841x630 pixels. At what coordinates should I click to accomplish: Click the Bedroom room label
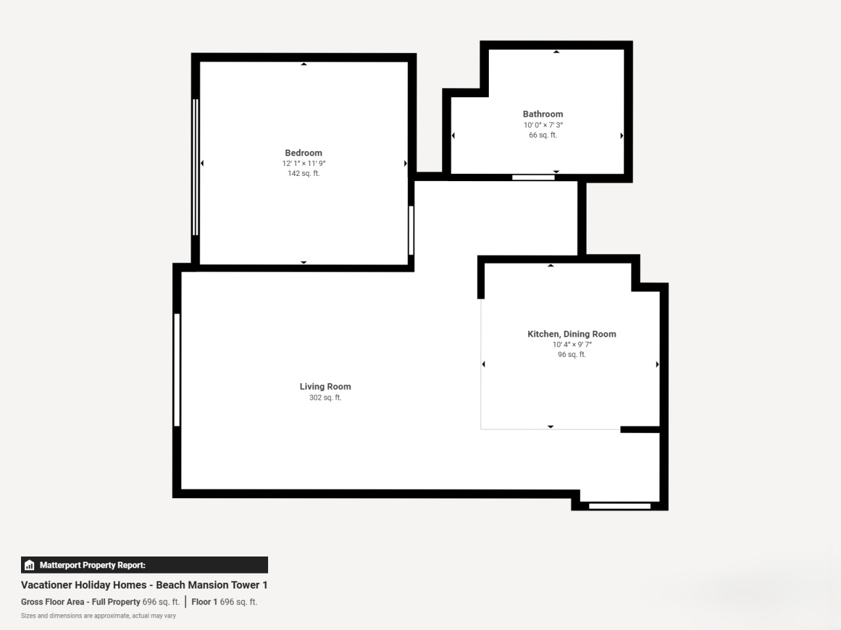[304, 153]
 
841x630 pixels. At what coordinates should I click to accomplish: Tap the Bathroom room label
[543, 114]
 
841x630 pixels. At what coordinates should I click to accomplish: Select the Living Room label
[325, 387]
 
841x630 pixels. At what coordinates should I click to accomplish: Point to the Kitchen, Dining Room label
[572, 334]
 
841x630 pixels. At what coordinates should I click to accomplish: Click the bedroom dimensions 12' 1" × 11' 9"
[304, 163]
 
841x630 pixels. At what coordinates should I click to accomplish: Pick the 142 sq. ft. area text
[304, 173]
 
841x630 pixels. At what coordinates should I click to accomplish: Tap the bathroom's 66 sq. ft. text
[543, 135]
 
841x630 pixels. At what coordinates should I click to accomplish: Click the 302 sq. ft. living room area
[325, 398]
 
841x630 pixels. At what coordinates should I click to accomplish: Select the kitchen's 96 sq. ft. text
[572, 354]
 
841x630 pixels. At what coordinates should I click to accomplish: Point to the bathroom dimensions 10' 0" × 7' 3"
[543, 125]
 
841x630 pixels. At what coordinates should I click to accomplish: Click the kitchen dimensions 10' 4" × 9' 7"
[572, 345]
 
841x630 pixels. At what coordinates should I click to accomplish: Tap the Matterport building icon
[30, 565]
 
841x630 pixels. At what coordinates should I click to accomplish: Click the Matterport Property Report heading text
[93, 565]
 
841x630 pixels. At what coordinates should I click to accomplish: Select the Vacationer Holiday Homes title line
[144, 585]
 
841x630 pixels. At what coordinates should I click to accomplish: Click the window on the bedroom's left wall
[195, 167]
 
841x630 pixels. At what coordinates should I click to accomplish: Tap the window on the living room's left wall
[177, 370]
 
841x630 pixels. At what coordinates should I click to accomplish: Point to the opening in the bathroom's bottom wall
[534, 177]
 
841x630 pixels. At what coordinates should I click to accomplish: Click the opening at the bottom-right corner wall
[620, 506]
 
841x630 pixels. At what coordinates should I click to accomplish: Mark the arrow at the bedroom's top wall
[304, 64]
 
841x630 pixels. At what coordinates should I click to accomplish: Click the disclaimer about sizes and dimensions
[99, 616]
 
